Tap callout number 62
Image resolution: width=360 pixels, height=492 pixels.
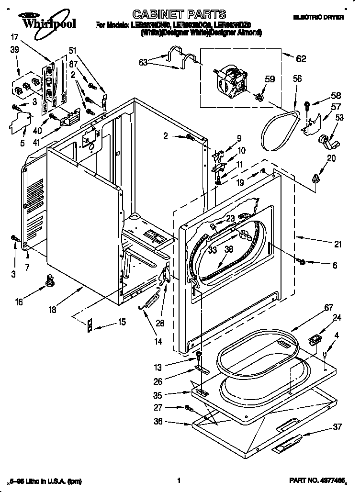pyautogui.click(x=300, y=59)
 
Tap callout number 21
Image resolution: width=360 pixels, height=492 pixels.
pyautogui.click(x=338, y=245)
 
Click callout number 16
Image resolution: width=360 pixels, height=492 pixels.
pyautogui.click(x=19, y=302)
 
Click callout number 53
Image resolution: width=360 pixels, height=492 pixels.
pyautogui.click(x=339, y=117)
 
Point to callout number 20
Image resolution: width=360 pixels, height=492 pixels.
pyautogui.click(x=331, y=159)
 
